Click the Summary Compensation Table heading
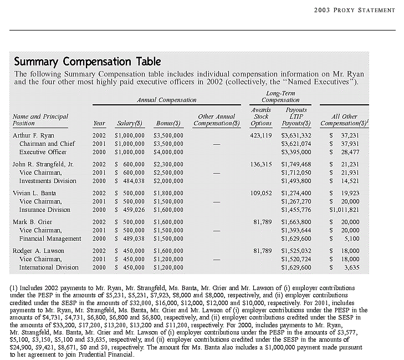click(88, 62)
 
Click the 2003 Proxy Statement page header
click(354, 10)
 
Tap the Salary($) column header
click(130, 123)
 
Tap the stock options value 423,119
click(261, 135)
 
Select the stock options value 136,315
click(261, 164)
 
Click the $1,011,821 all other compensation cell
click(344, 210)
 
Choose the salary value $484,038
click(130, 181)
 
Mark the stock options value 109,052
click(261, 193)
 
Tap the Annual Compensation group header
click(166, 100)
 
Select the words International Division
click(49, 267)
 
